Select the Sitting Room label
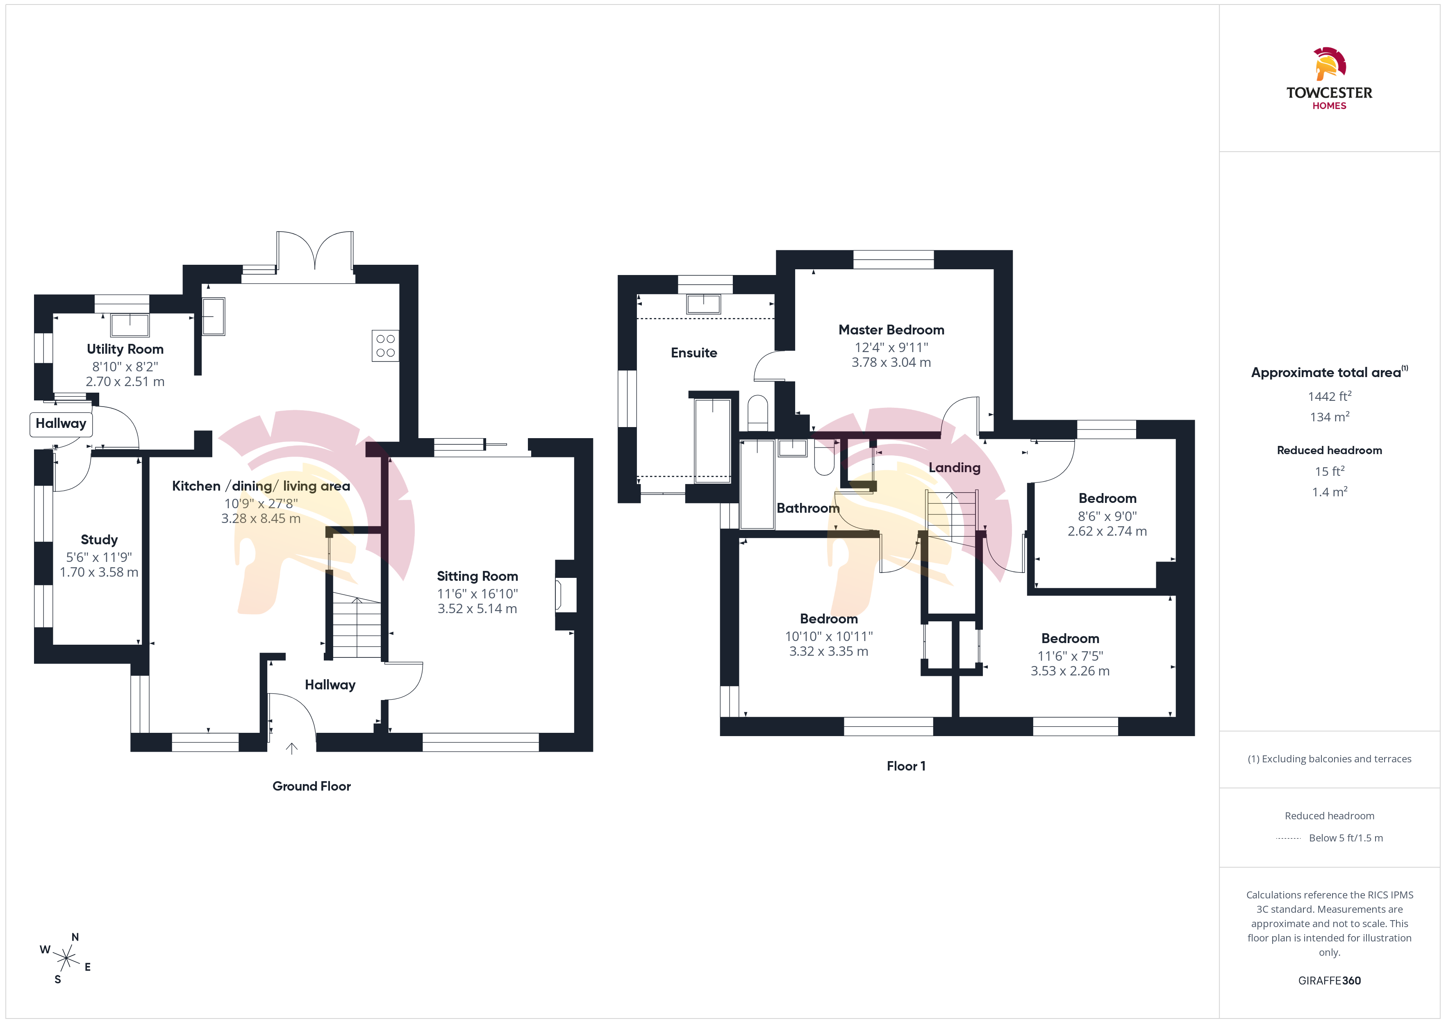coord(477,576)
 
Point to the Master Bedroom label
coord(891,330)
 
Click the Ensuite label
coord(693,353)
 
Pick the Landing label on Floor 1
coord(954,467)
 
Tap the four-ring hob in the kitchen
coord(385,346)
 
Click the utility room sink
coord(130,325)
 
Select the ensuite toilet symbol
coord(758,413)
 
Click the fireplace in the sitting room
coord(565,595)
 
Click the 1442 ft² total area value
coord(1330,396)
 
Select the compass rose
coord(66,959)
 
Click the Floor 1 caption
coord(906,766)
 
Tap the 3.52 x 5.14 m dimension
coord(477,609)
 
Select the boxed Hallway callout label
coord(61,424)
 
